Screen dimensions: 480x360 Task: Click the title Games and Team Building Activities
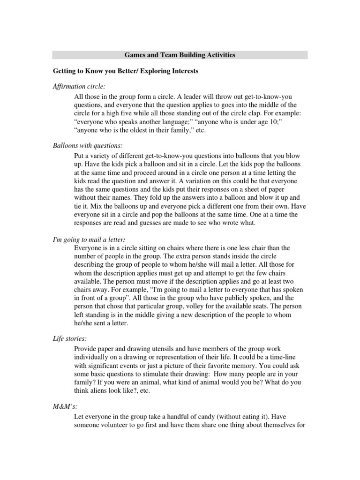pos(180,55)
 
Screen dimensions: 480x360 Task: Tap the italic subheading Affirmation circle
pos(79,87)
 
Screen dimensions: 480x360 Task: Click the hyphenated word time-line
pos(285,358)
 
